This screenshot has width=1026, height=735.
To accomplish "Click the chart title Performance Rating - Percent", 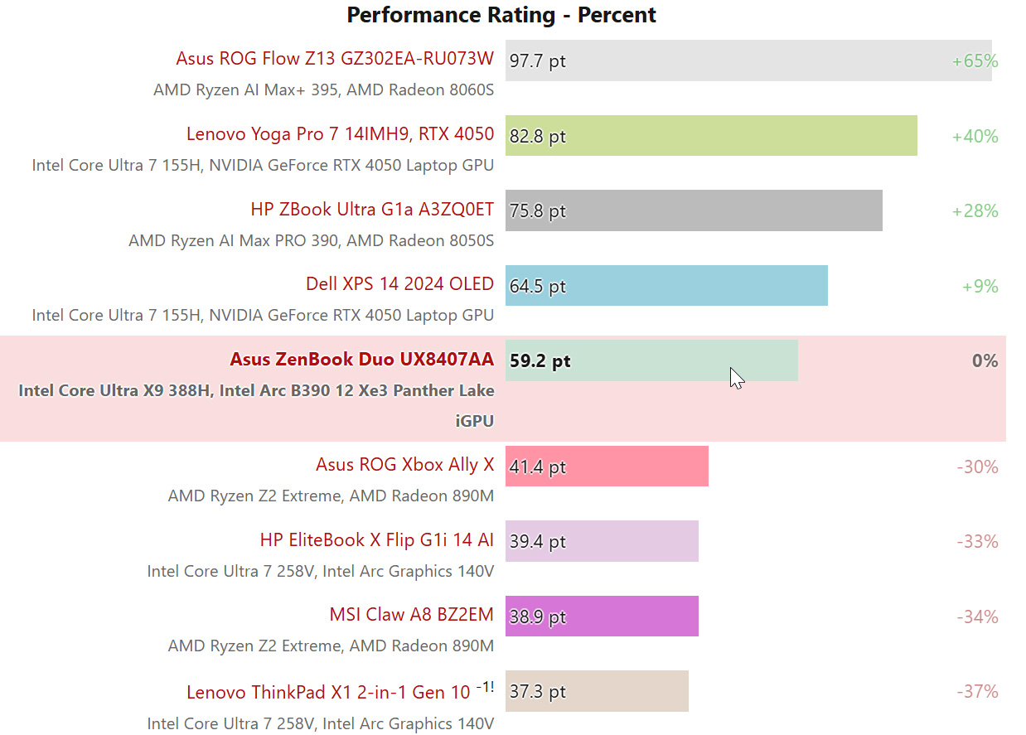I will click(x=501, y=15).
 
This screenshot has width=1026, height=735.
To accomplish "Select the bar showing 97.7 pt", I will click(x=748, y=60).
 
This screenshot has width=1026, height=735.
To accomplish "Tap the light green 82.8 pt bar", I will click(x=710, y=135).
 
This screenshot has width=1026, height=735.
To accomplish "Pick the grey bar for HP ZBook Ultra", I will click(x=693, y=210).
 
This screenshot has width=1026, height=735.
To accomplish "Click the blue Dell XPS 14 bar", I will click(x=665, y=286).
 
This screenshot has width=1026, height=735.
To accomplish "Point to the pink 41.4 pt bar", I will click(x=606, y=467).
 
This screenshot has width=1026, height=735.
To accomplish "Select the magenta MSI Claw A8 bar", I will click(x=601, y=617).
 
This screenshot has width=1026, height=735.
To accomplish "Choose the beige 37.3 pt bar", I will click(x=596, y=691).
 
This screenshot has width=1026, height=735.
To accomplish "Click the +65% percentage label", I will click(x=975, y=60).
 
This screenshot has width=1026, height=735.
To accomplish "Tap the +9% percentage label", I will click(x=980, y=286).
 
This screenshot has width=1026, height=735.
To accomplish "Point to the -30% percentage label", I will click(x=977, y=467).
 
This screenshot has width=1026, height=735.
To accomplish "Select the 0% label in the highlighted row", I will click(x=985, y=360).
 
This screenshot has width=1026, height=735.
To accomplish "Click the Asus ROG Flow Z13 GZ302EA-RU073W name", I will click(x=335, y=59).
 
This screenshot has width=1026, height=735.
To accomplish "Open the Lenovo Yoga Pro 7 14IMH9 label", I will click(x=340, y=134).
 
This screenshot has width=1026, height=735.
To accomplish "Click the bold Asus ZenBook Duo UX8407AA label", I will click(x=361, y=360).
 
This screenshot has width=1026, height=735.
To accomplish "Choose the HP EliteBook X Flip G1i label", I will click(x=376, y=540).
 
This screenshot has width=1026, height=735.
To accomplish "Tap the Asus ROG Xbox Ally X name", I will click(x=404, y=465).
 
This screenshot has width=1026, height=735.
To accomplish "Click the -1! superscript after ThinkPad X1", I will click(x=485, y=687).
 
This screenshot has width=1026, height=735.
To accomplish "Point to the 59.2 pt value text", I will click(x=540, y=361).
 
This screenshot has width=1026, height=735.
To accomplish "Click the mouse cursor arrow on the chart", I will click(x=736, y=378).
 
